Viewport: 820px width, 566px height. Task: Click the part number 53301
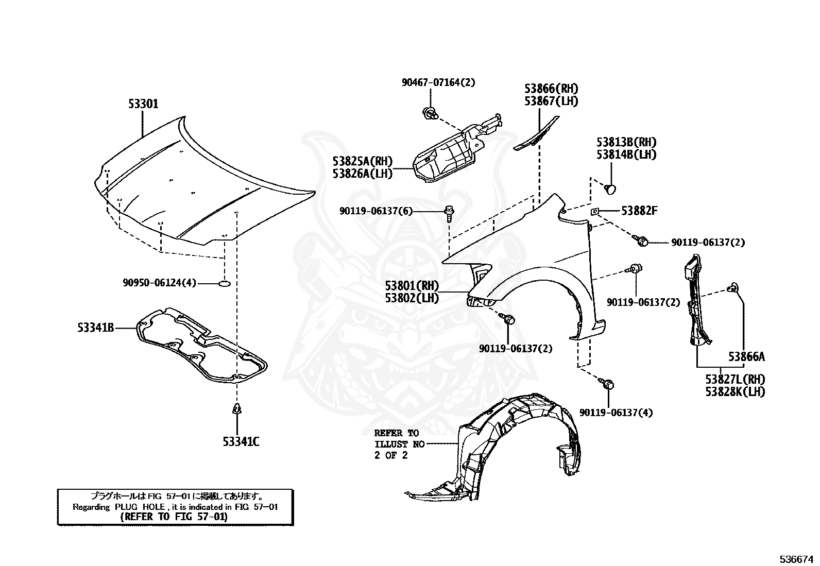click(x=143, y=104)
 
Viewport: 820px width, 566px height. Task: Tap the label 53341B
click(x=96, y=327)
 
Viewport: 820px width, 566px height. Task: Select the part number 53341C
click(x=241, y=441)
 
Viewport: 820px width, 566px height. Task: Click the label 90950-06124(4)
click(x=159, y=283)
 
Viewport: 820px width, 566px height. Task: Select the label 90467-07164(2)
click(x=438, y=82)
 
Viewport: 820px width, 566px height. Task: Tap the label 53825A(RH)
click(x=362, y=161)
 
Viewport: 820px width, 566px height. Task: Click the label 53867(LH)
click(x=551, y=101)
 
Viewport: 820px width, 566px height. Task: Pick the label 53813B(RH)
click(x=626, y=142)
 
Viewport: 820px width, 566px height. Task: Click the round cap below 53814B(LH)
click(x=610, y=188)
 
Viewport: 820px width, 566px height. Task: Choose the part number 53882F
click(x=639, y=211)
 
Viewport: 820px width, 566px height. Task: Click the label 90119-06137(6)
click(x=376, y=211)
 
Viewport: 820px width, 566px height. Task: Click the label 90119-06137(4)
click(x=616, y=413)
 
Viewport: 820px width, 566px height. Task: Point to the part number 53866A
click(x=746, y=356)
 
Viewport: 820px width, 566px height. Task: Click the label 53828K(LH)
click(x=735, y=391)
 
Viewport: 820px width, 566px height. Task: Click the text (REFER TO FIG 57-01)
click(x=174, y=517)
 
